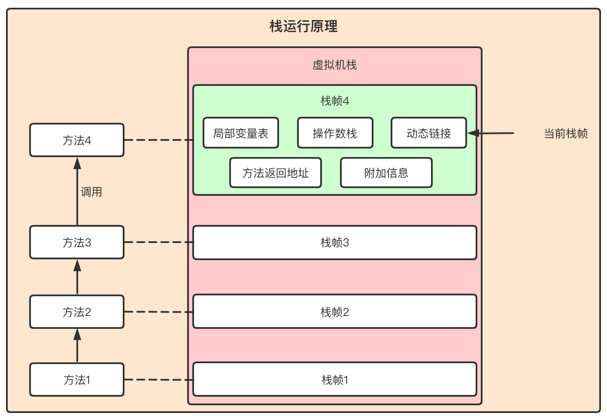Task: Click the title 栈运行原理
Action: (x=303, y=27)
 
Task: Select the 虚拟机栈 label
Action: (x=334, y=65)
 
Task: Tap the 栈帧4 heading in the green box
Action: (x=334, y=101)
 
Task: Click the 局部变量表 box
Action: (x=240, y=133)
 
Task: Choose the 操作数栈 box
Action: (x=335, y=133)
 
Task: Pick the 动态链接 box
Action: (x=428, y=133)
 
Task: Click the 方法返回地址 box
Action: (x=275, y=173)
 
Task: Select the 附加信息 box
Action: (x=386, y=173)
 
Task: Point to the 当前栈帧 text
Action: (x=565, y=134)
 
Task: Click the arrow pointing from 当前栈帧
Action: (x=492, y=133)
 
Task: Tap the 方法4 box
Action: (x=77, y=140)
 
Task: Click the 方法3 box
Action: (x=77, y=243)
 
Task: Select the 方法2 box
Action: (x=77, y=312)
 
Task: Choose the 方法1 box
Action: (x=77, y=380)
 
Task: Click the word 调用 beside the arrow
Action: (x=91, y=192)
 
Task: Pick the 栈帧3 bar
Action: (x=334, y=243)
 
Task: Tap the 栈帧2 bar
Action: (x=334, y=312)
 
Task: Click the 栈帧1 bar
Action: (x=334, y=380)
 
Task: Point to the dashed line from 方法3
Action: (x=158, y=242)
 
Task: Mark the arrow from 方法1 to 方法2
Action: (x=77, y=346)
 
